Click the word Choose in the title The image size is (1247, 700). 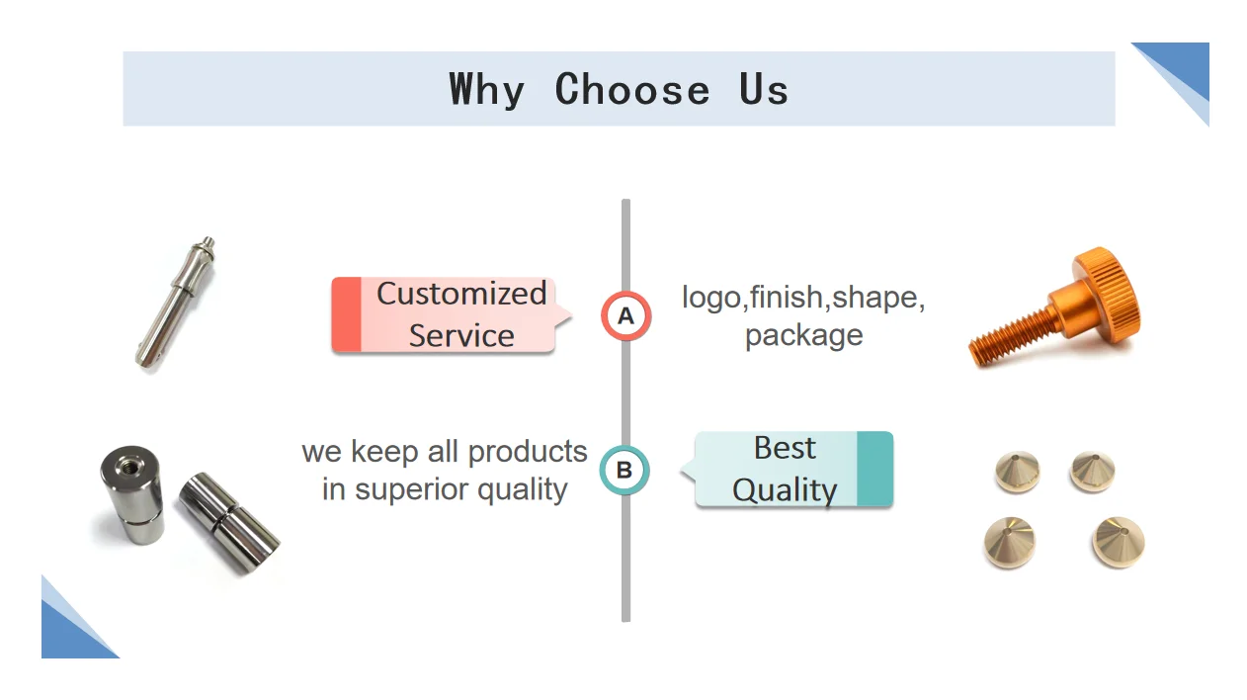point(631,90)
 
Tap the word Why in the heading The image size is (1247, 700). point(486,90)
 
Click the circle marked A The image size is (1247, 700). point(625,316)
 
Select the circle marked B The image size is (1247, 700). point(624,470)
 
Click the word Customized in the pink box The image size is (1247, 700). point(460,294)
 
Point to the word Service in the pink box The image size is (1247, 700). point(461,335)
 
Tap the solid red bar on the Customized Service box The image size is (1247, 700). point(346,314)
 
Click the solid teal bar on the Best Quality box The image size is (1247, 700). point(873,470)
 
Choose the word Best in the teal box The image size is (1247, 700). point(785,448)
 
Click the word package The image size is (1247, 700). point(803,335)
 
